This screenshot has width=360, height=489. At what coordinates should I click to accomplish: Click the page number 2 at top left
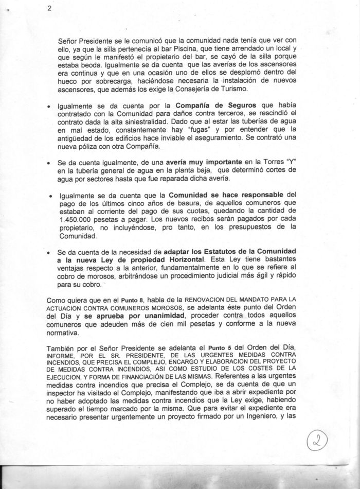click(48, 8)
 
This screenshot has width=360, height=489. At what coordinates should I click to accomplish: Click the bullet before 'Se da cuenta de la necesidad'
click(48, 253)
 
